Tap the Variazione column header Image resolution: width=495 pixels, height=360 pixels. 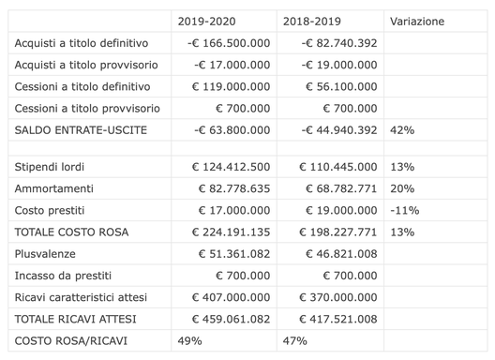coord(417,21)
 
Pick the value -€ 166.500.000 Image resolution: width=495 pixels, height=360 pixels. coord(229,43)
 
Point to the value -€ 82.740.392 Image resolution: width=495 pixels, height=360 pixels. coord(339,43)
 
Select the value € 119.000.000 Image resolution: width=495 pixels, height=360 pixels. coord(231,86)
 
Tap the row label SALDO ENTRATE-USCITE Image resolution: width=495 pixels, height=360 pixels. coord(82,129)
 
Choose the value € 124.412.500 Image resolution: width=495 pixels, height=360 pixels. coord(231,167)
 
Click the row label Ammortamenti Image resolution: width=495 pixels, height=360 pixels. coord(55,188)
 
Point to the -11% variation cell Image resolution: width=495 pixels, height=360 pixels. coord(404,210)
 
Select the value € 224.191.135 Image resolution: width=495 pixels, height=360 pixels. coord(231,232)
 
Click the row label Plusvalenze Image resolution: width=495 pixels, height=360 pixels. coord(47,253)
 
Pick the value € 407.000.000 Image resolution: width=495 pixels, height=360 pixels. coord(231,296)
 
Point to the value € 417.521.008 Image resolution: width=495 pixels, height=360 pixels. coord(338,318)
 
